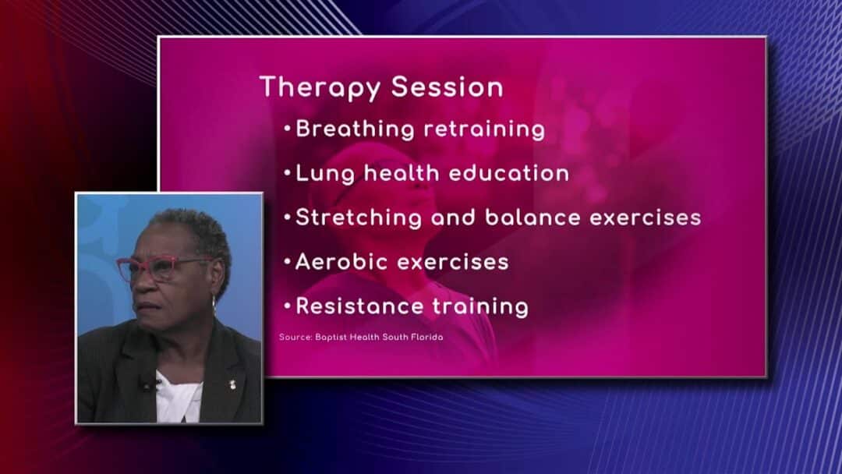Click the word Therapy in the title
pos(320,87)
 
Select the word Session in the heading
pos(448,87)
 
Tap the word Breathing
pos(355,129)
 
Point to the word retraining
pos(484,129)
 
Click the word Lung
pos(325,174)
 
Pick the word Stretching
pos(359,218)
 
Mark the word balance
pos(532,218)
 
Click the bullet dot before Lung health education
pos(287,173)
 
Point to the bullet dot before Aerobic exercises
pos(287,261)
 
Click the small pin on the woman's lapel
pos(232,384)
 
